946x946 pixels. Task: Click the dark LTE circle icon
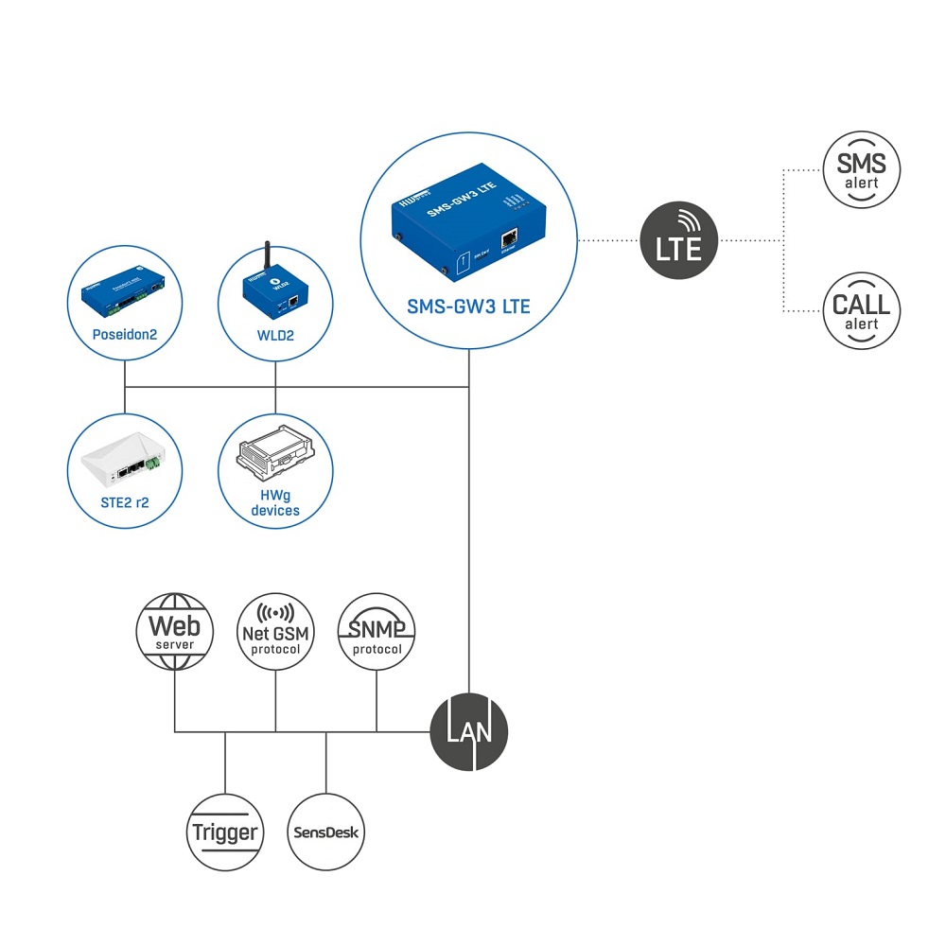pyautogui.click(x=679, y=240)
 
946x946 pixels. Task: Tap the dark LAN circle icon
pyautogui.click(x=469, y=731)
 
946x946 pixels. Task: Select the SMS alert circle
pyautogui.click(x=861, y=170)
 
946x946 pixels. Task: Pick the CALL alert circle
pyautogui.click(x=861, y=310)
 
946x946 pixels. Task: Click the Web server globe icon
pyautogui.click(x=175, y=631)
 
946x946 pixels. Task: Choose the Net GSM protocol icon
pyautogui.click(x=275, y=631)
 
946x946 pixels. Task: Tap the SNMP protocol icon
pyautogui.click(x=377, y=631)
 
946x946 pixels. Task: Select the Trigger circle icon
pyautogui.click(x=225, y=832)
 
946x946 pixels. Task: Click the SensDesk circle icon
pyautogui.click(x=325, y=832)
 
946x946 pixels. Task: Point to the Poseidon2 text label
pyautogui.click(x=124, y=335)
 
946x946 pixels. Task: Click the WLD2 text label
pyautogui.click(x=275, y=335)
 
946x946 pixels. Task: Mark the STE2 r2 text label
pyautogui.click(x=124, y=502)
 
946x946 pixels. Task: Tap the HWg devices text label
pyautogui.click(x=275, y=502)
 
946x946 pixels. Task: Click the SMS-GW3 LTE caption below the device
pyautogui.click(x=468, y=307)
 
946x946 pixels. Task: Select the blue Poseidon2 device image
pyautogui.click(x=124, y=296)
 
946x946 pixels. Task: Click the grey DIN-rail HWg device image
pyautogui.click(x=275, y=457)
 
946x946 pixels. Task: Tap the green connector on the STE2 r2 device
pyautogui.click(x=156, y=464)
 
